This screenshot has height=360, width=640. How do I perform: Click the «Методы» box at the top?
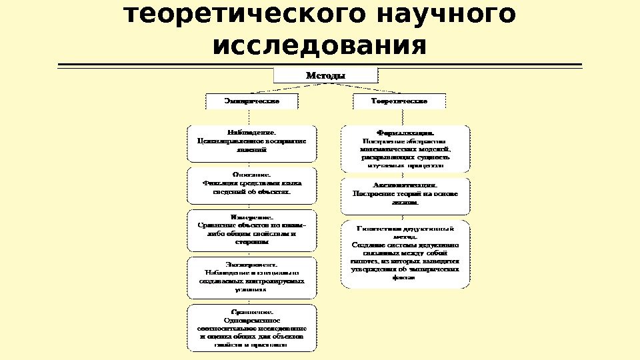(x=325, y=75)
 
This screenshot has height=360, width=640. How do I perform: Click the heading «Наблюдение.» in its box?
(x=251, y=132)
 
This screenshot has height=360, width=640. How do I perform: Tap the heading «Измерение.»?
(x=251, y=217)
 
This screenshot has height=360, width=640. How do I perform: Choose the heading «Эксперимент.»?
(x=251, y=264)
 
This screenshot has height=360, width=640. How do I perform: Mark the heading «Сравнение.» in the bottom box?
(x=251, y=312)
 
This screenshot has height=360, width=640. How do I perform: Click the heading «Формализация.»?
(x=405, y=132)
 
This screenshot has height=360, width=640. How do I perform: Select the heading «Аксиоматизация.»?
(x=405, y=185)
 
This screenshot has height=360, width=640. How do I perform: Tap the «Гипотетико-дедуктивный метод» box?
(x=405, y=254)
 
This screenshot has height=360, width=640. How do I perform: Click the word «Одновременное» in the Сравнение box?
(x=251, y=321)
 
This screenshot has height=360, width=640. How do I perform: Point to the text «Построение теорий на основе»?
(x=405, y=193)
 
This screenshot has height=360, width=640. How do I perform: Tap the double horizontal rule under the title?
(x=319, y=65)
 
